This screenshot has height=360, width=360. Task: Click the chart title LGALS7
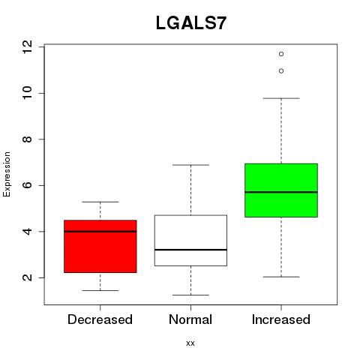tap(191, 23)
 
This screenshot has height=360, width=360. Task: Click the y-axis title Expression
tap(7, 174)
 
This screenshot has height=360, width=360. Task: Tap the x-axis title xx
tap(190, 343)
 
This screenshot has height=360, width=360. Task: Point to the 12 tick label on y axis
tap(27, 46)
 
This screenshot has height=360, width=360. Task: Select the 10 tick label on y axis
tap(27, 93)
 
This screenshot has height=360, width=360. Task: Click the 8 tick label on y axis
tap(27, 139)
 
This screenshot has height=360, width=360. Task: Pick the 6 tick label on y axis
tap(27, 185)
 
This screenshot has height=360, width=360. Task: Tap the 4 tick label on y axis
tap(27, 232)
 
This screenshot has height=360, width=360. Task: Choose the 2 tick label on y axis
tap(27, 277)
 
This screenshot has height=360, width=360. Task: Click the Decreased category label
tap(100, 319)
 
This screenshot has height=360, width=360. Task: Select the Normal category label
tap(190, 319)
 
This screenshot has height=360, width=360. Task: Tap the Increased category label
tap(281, 319)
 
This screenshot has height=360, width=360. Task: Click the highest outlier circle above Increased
tap(281, 54)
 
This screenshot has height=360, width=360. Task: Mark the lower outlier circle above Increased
tap(281, 71)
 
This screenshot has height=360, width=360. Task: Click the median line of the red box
tap(100, 232)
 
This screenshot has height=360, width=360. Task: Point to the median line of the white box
tap(190, 250)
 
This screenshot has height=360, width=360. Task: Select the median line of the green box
tap(281, 192)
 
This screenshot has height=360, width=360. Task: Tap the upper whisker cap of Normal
tap(190, 165)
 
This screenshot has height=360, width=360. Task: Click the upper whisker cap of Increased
tap(281, 98)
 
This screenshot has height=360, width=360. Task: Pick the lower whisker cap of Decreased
tap(100, 290)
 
